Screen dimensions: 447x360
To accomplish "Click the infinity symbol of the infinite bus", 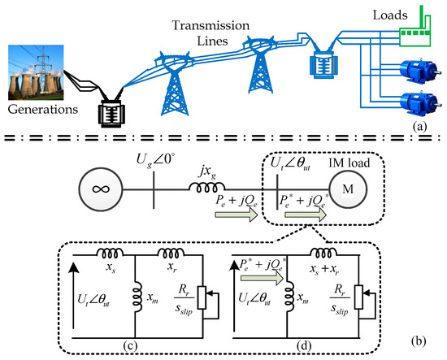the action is [x=101, y=189].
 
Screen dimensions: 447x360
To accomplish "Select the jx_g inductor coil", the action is [x=206, y=187].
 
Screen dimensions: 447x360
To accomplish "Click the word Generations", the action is [x=43, y=110].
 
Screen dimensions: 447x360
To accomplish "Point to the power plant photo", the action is [x=36, y=72].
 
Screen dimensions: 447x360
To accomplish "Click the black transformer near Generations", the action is [x=111, y=112].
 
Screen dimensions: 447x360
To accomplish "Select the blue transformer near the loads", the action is [x=323, y=65].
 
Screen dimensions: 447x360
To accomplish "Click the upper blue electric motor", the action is [x=419, y=71].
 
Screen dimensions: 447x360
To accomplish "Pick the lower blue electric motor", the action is [x=419, y=102].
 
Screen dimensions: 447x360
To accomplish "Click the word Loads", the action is [x=390, y=15].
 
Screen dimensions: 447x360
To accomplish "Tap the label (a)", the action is [x=419, y=126].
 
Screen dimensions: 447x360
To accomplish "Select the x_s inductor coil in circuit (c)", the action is [x=110, y=253].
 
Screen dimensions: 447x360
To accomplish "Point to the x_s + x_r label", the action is [x=324, y=269].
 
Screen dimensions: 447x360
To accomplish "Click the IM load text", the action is [x=349, y=163].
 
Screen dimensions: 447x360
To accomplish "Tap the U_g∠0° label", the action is [x=156, y=160].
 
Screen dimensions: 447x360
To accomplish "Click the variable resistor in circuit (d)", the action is [x=359, y=297].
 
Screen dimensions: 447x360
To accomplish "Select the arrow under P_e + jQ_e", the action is [x=237, y=215].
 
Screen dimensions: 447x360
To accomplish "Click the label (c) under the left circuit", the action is [x=131, y=345].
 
